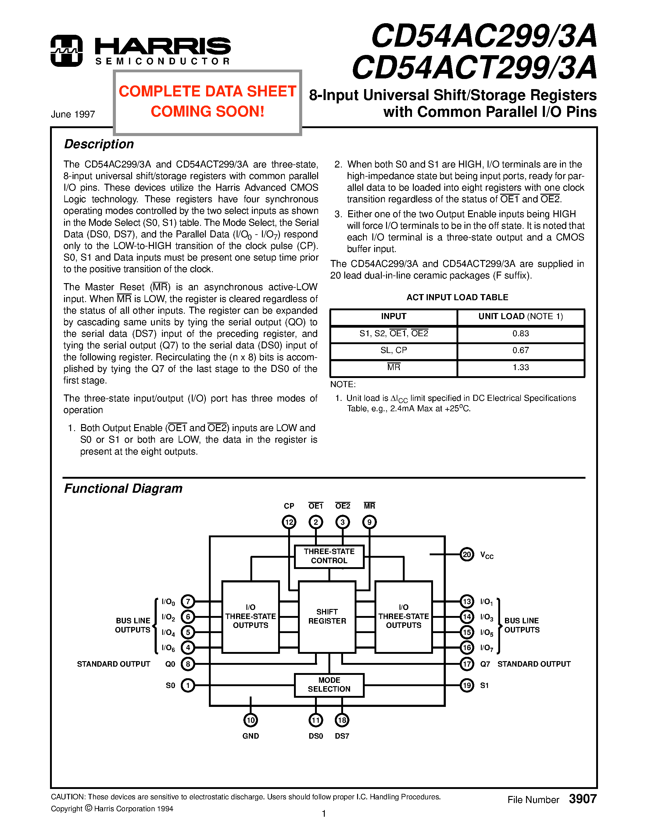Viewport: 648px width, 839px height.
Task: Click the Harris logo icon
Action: [x=66, y=51]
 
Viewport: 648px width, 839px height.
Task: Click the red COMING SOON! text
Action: [x=207, y=111]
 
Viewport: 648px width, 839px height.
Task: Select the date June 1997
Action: [x=73, y=114]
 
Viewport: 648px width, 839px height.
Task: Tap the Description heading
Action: [x=99, y=144]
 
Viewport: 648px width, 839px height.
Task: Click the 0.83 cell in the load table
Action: [x=521, y=333]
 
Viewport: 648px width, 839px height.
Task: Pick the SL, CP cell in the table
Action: [x=393, y=350]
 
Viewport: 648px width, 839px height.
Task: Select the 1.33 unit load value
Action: [x=521, y=367]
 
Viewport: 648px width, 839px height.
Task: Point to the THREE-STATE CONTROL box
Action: [x=329, y=556]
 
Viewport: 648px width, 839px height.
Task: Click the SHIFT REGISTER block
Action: [x=327, y=616]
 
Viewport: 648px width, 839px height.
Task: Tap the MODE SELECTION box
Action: [x=329, y=685]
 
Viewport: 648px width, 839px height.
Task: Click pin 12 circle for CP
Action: [x=289, y=522]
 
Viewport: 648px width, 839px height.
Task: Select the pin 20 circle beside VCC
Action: [x=467, y=554]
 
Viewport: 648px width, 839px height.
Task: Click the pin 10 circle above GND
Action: [x=251, y=720]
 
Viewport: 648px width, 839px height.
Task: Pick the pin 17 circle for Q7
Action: [x=467, y=664]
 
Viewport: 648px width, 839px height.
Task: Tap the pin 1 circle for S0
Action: [x=188, y=685]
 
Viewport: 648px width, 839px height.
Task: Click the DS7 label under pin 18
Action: [x=342, y=736]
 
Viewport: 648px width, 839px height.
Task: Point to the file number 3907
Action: [x=582, y=799]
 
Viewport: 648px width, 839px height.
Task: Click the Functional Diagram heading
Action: [x=123, y=489]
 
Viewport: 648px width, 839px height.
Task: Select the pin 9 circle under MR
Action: [x=369, y=522]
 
